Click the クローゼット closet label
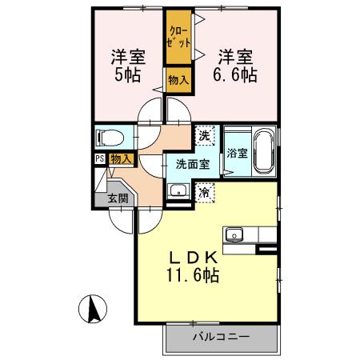178,38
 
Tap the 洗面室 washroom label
193,164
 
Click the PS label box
99,159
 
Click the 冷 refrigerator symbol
206,192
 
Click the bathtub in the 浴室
263,151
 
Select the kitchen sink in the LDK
234,234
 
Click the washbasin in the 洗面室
178,191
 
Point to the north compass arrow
93,308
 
